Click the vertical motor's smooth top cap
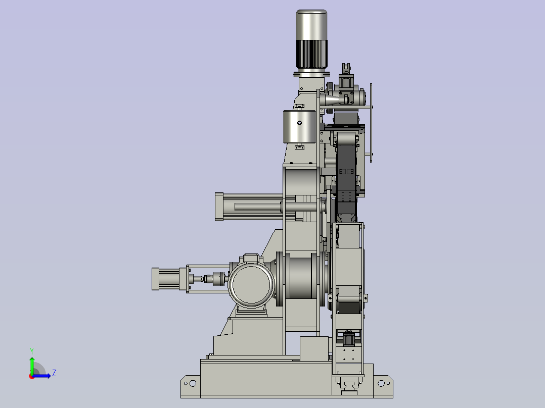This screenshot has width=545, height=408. [311, 25]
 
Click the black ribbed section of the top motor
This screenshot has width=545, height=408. [311, 54]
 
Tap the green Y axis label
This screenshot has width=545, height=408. [32, 351]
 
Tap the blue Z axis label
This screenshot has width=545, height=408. [54, 373]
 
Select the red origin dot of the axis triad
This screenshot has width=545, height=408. [32, 376]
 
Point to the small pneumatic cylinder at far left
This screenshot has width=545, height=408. [170, 279]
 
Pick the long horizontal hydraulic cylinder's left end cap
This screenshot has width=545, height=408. [219, 207]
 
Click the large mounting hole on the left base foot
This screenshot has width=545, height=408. [193, 383]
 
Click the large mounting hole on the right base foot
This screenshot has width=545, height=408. [381, 383]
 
